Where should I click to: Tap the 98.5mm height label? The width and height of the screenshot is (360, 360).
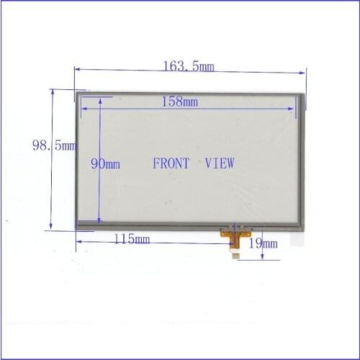click(x=54, y=145)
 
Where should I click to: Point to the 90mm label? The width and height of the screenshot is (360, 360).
click(x=105, y=163)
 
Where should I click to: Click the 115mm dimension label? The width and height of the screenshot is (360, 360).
click(x=132, y=239)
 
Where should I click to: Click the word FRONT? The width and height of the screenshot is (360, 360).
click(x=171, y=163)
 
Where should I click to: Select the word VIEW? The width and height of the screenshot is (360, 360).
click(x=220, y=163)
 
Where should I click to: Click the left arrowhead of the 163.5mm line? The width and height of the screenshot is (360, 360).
click(x=77, y=69)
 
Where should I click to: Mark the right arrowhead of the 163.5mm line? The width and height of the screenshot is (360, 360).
click(x=304, y=72)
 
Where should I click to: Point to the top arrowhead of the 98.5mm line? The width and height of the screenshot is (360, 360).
click(x=51, y=92)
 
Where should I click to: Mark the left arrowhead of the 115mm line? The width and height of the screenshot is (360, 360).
click(x=78, y=241)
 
